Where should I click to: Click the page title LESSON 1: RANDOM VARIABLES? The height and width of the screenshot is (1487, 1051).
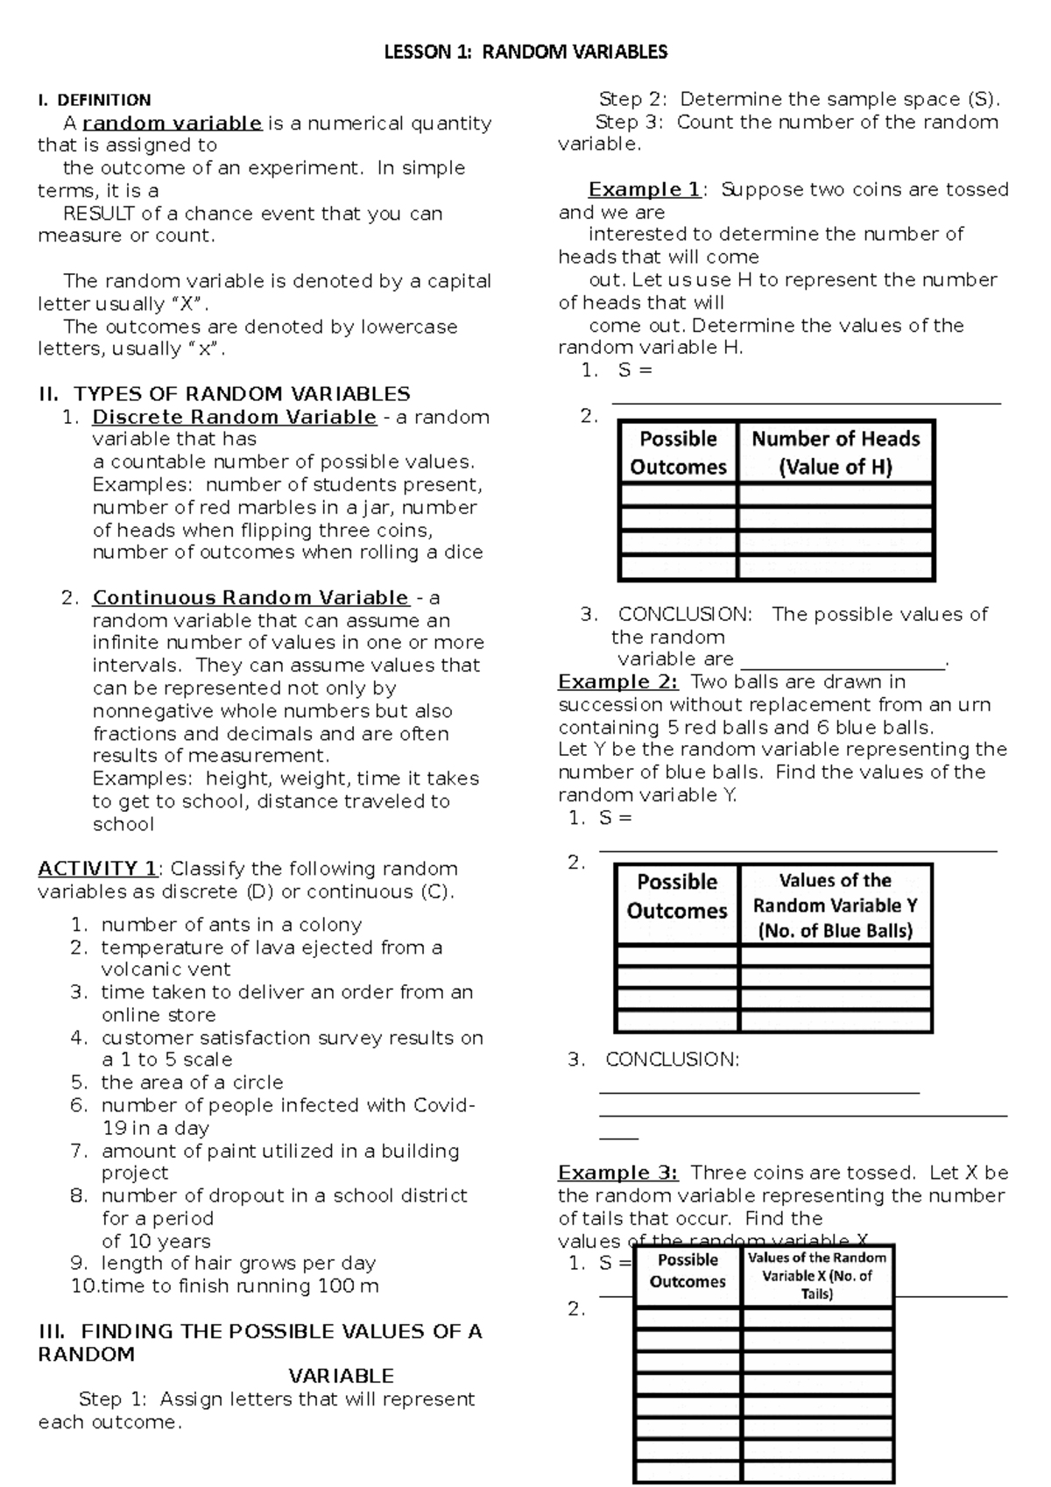(525, 53)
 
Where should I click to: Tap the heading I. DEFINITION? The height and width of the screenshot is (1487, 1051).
(95, 100)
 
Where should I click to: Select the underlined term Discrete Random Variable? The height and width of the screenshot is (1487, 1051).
(234, 417)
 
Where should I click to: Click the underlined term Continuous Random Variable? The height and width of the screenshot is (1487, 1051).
(250, 598)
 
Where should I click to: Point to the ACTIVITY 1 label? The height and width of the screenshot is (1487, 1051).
(97, 869)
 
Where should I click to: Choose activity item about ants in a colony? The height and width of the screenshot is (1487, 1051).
(231, 925)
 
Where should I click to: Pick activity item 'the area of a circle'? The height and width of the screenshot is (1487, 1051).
(192, 1082)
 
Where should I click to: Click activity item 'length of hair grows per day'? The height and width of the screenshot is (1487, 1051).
(238, 1263)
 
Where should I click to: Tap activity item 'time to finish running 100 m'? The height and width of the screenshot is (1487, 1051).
(239, 1286)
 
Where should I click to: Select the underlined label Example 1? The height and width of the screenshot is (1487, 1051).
(644, 190)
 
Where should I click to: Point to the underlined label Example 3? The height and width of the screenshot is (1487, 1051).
(617, 1173)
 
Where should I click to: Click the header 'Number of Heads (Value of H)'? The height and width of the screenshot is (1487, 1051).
(836, 453)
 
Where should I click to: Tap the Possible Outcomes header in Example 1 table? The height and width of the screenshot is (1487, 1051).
(678, 453)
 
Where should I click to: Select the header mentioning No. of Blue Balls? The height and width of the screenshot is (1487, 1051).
(835, 906)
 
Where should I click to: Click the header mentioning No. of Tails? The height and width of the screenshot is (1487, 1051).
(816, 1275)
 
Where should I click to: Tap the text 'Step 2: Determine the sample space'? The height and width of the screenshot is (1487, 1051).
(798, 100)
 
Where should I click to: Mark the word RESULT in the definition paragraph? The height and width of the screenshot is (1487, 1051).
(99, 214)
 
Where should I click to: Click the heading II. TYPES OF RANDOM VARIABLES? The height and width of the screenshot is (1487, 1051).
(224, 394)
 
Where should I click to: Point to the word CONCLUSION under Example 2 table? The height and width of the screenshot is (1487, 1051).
(672, 1060)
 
